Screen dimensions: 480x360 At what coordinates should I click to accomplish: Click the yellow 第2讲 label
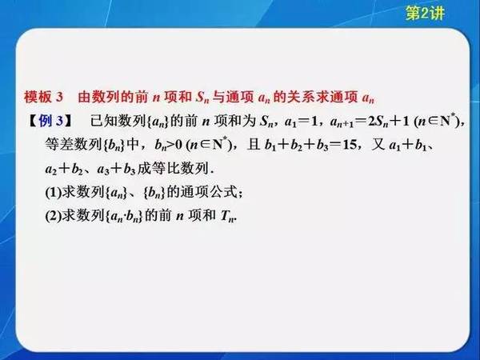point(425,13)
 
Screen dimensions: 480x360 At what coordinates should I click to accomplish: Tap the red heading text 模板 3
point(43,97)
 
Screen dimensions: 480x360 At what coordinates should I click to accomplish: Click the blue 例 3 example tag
point(51,121)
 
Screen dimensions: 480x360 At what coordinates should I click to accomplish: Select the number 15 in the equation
point(350,145)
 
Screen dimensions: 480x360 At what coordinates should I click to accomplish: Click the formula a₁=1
point(301,122)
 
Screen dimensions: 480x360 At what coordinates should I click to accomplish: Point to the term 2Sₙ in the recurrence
point(378,122)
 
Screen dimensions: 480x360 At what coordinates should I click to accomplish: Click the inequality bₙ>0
point(169,145)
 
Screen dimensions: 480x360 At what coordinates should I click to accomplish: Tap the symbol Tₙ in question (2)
point(228,216)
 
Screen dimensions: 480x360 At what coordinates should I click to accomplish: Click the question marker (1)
point(54,192)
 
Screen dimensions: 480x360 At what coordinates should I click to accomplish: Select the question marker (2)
point(54,216)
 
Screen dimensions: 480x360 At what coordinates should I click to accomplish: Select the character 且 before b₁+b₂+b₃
point(254,144)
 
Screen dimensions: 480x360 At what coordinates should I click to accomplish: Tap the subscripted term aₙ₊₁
point(342,122)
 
